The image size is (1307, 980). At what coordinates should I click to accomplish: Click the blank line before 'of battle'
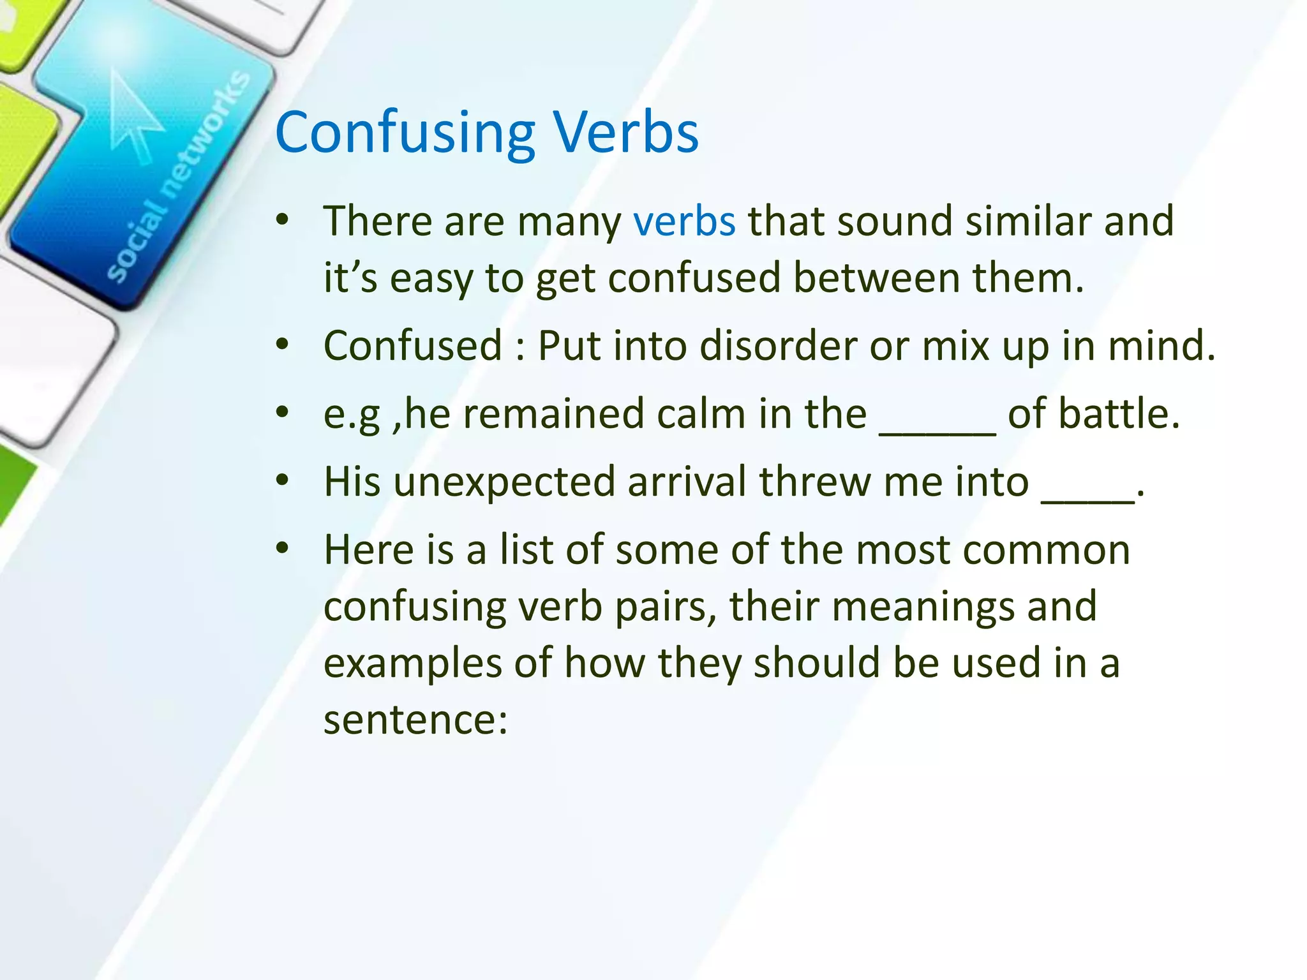[937, 431]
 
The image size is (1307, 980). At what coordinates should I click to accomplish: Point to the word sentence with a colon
[415, 720]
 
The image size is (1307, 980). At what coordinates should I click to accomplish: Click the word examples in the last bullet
[412, 664]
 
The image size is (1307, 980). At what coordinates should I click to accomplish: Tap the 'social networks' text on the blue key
[179, 179]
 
